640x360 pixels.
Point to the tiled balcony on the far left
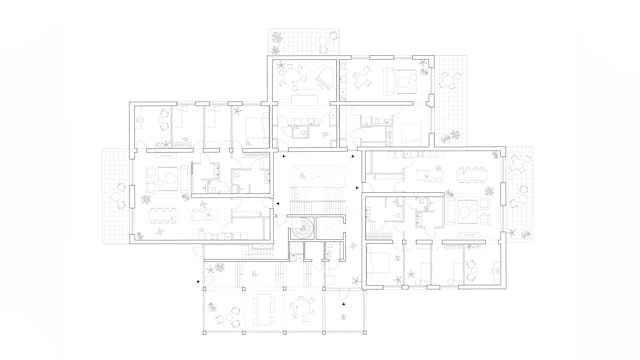point(116,196)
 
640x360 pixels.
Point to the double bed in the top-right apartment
point(411,130)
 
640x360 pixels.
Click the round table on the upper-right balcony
point(449,74)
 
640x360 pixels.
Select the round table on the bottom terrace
point(301,306)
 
